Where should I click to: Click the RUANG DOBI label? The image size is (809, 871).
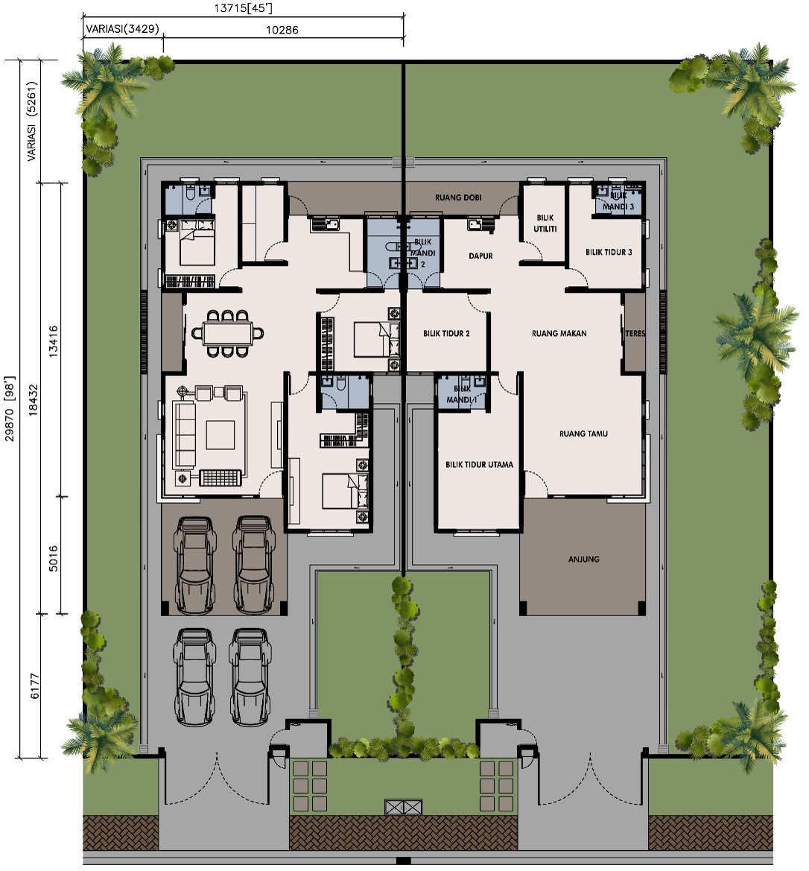pos(458,197)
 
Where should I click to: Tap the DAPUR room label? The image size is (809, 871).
pos(480,256)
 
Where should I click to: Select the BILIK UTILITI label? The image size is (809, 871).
pos(545,224)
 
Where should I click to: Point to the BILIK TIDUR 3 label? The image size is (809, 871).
pos(609,252)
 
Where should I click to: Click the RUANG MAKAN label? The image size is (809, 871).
pos(559,333)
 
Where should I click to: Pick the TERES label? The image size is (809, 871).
pos(635,333)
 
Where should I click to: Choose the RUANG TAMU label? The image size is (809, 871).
pos(583,434)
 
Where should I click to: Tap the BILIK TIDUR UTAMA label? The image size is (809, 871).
pos(479,464)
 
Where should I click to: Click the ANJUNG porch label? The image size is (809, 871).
pos(583,560)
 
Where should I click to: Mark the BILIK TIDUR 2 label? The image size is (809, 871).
pos(446,333)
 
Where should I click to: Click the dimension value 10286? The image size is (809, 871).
pos(282,30)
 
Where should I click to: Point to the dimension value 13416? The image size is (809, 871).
pos(54,341)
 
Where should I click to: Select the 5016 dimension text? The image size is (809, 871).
pos(54,558)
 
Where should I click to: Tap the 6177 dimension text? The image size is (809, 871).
pos(34,686)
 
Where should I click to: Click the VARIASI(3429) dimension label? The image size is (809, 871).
pos(122,29)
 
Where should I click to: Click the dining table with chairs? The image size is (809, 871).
pos(228,333)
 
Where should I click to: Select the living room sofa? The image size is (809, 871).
pos(185,435)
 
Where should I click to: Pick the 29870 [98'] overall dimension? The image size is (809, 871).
pos(10,408)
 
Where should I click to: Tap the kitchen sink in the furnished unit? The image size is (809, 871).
pos(326,224)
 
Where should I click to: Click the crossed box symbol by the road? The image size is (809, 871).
pos(404,807)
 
